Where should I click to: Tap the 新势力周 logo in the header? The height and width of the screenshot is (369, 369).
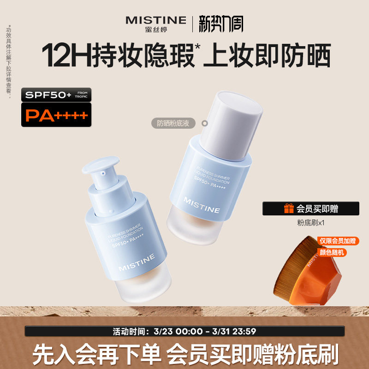221,24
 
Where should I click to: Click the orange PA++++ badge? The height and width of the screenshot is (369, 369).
56,115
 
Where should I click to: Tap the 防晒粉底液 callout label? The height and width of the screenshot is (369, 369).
173,123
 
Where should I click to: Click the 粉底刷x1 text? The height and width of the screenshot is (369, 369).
311,222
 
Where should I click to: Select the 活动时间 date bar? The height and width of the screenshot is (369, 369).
184,331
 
